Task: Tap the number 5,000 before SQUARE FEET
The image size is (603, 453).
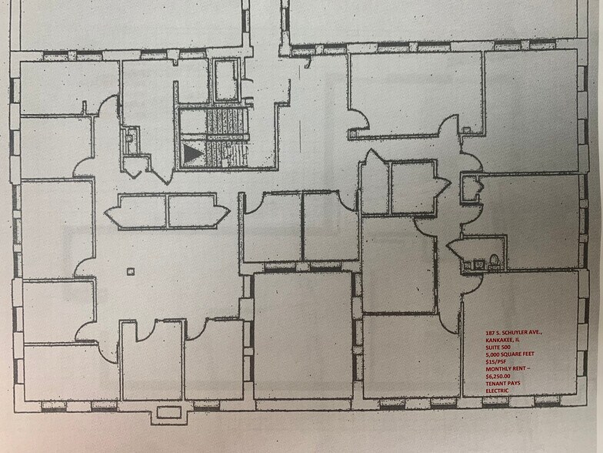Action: (x=495, y=355)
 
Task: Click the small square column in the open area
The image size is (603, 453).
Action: (x=131, y=270)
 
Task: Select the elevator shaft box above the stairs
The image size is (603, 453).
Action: (x=226, y=80)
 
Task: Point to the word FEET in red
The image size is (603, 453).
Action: (x=541, y=355)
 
